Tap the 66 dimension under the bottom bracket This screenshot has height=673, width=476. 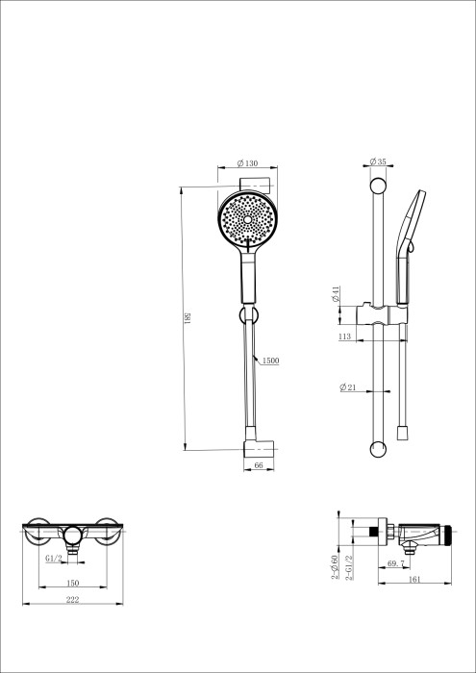point(259,465)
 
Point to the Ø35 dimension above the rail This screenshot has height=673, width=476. point(377,162)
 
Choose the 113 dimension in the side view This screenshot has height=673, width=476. point(344,337)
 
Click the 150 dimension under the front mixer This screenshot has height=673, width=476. point(72,584)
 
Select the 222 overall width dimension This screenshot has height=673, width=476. point(72,599)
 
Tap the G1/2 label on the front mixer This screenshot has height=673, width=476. point(53,558)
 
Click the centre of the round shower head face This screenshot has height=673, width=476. point(248,220)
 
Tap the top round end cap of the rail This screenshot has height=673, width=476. point(377,184)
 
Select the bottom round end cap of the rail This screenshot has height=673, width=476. point(377,449)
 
